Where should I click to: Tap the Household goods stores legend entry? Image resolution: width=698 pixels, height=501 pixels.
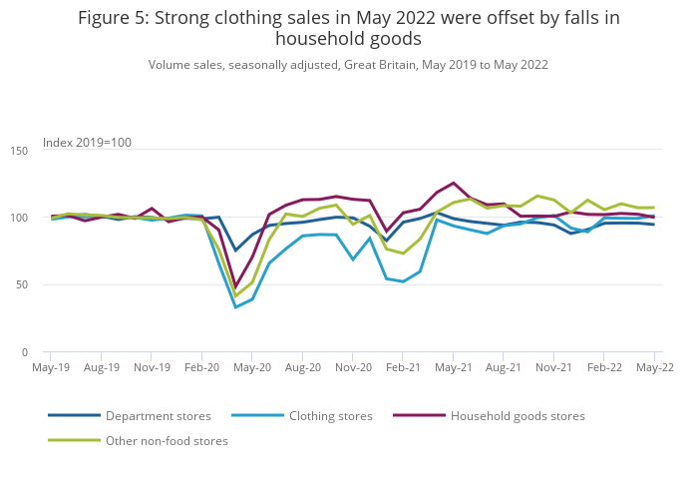(x=518, y=416)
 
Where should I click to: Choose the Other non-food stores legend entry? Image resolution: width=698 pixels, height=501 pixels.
(x=167, y=441)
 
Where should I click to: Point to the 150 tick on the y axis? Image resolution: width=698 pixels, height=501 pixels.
(x=19, y=151)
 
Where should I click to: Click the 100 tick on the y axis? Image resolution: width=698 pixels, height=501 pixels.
(x=19, y=218)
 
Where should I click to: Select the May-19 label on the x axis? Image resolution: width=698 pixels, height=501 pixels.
(x=52, y=368)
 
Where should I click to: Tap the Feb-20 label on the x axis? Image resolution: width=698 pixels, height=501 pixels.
(x=202, y=368)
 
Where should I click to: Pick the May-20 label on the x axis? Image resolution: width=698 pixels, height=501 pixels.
(x=252, y=368)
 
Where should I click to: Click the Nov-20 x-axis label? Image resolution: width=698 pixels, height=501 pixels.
(x=353, y=368)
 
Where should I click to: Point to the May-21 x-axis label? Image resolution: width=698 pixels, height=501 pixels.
(x=454, y=368)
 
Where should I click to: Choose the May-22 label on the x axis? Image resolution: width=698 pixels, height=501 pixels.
(x=654, y=368)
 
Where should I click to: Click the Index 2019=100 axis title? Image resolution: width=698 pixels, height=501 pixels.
(x=87, y=143)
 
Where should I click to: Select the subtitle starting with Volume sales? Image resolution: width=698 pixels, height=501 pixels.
(x=348, y=65)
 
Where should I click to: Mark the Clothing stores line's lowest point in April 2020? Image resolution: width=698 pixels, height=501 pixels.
(x=235, y=307)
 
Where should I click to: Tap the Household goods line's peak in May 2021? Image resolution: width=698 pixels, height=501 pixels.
(x=454, y=183)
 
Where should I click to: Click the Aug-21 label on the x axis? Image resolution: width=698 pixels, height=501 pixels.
(x=504, y=368)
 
